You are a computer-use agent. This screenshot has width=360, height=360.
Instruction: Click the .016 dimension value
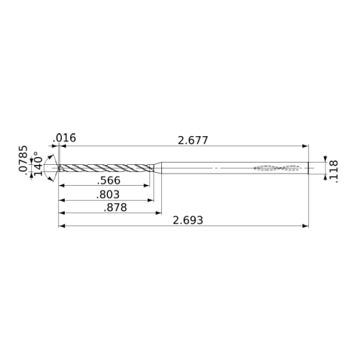(64, 138)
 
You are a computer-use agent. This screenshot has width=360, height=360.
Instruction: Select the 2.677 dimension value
(193, 140)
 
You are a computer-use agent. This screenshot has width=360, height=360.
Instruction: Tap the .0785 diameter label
(23, 158)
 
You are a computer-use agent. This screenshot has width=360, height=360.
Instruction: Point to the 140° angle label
(38, 163)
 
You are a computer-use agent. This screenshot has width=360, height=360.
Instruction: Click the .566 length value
(109, 181)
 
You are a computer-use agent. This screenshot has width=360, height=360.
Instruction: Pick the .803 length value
(108, 194)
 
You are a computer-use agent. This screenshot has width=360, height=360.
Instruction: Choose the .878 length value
(115, 207)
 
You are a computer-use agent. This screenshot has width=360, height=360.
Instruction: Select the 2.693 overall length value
(188, 220)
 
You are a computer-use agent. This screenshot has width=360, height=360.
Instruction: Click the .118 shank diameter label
(333, 171)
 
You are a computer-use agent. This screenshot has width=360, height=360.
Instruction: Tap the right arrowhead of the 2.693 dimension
(305, 226)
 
